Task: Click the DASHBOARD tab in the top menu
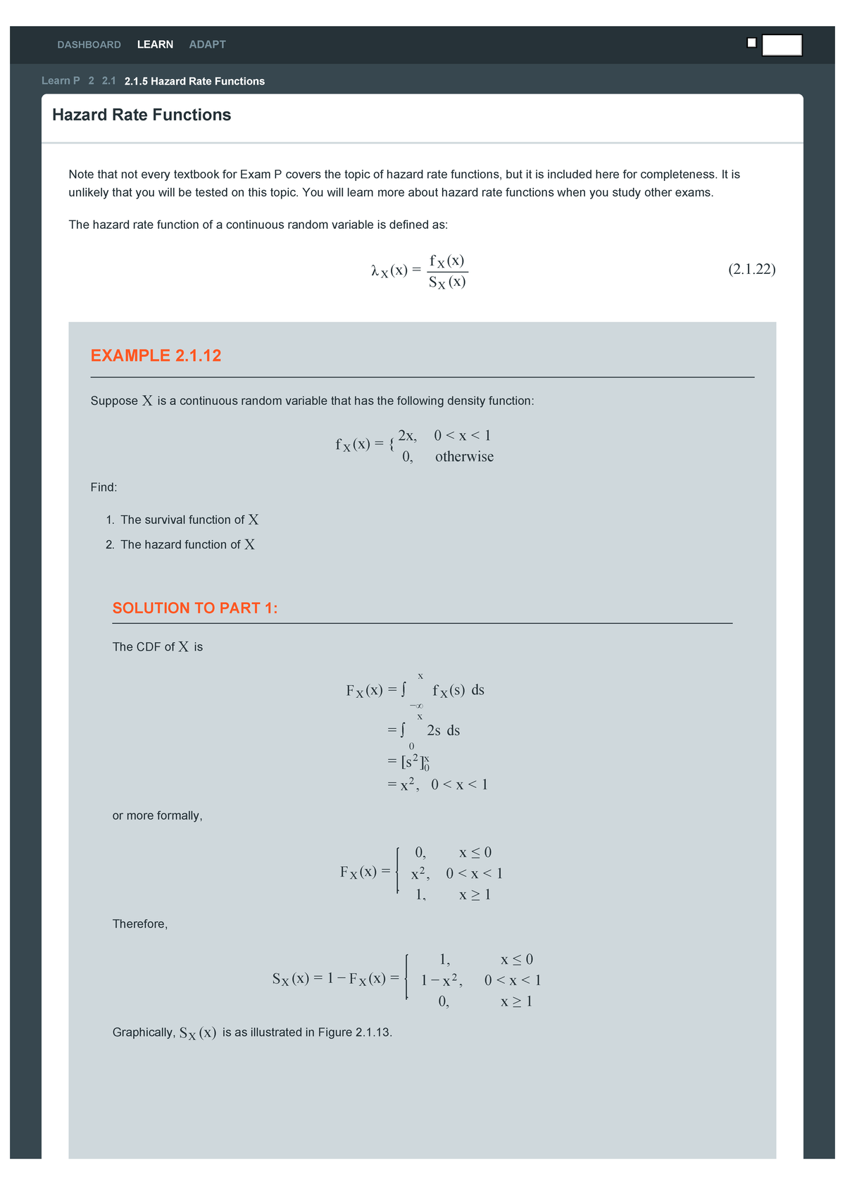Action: pyautogui.click(x=89, y=44)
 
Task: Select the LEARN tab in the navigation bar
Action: pyautogui.click(x=155, y=44)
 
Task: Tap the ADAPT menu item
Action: pyautogui.click(x=207, y=44)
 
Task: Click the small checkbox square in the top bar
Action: pyautogui.click(x=751, y=43)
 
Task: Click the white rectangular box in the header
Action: pyautogui.click(x=782, y=45)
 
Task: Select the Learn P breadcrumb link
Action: pyautogui.click(x=61, y=81)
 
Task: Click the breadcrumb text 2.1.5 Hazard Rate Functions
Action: pyautogui.click(x=194, y=81)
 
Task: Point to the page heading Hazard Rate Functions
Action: pyautogui.click(x=142, y=115)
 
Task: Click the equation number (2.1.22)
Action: pyautogui.click(x=751, y=269)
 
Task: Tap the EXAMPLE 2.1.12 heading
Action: pyautogui.click(x=156, y=356)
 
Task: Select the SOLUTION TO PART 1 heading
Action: pyautogui.click(x=195, y=608)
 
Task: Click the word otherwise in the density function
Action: pyautogui.click(x=464, y=456)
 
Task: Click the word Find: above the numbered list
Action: pyautogui.click(x=104, y=487)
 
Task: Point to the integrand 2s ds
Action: pyautogui.click(x=443, y=730)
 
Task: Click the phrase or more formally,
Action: pyautogui.click(x=157, y=815)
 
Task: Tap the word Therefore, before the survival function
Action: pyautogui.click(x=140, y=924)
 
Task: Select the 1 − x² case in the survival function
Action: pyautogui.click(x=442, y=980)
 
